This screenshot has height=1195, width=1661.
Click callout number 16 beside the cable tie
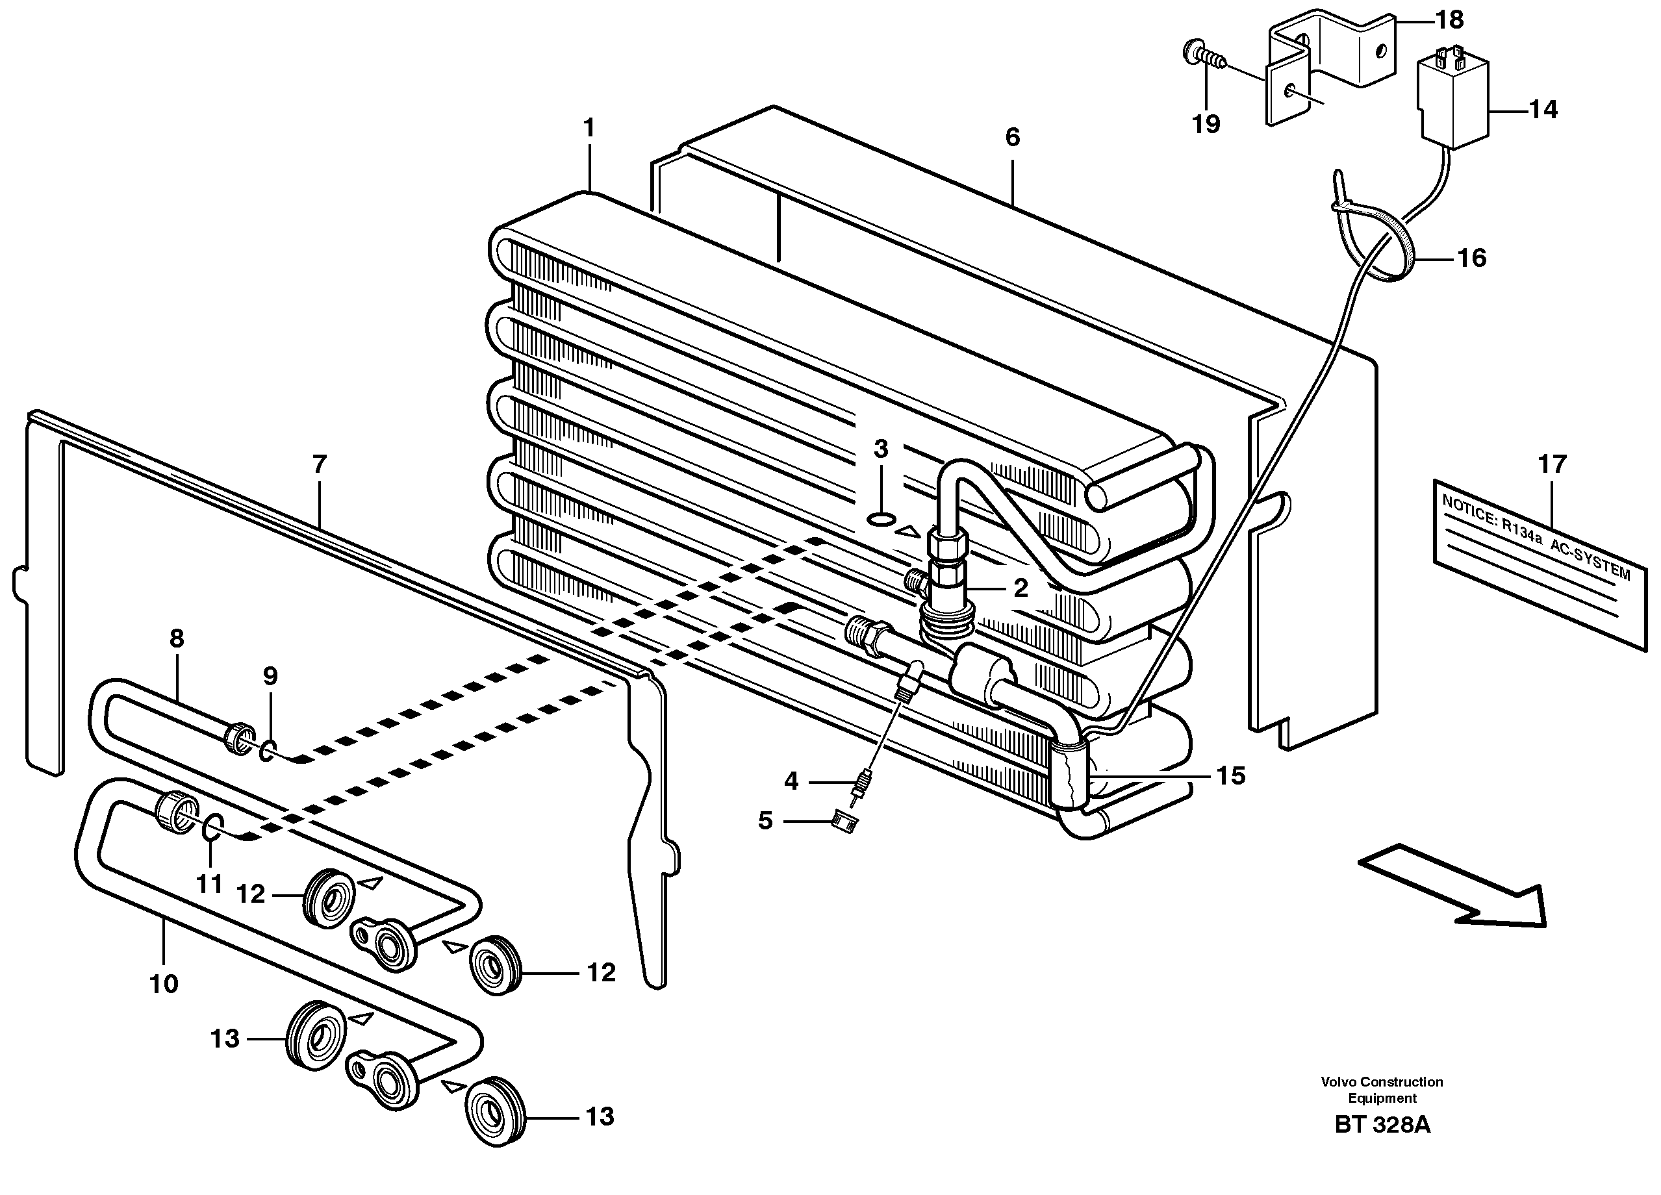[x=1471, y=258]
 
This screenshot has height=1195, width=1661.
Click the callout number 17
[x=1552, y=464]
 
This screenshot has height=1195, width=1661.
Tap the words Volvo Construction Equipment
[x=1382, y=1090]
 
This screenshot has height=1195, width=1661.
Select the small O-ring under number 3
[x=880, y=519]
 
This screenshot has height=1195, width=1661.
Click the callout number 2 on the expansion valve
[x=1021, y=587]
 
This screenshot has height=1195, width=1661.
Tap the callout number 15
[x=1230, y=775]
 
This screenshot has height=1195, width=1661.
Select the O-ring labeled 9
[x=269, y=750]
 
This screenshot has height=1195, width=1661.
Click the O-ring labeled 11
[x=210, y=827]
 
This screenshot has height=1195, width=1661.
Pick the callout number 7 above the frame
[x=320, y=464]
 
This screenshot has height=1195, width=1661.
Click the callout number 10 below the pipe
[x=164, y=983]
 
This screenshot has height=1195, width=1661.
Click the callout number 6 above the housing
[x=1012, y=137]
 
